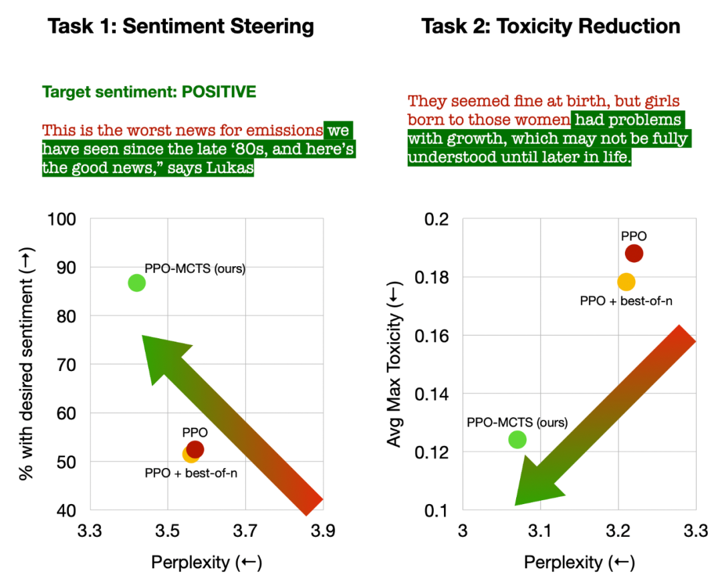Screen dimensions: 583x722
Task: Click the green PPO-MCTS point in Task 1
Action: (136, 283)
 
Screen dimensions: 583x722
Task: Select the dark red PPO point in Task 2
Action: (634, 253)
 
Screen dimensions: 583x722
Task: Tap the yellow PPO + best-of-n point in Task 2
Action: (626, 282)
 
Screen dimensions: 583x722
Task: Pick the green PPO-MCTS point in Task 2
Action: (517, 439)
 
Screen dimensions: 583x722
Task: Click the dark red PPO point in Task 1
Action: (195, 449)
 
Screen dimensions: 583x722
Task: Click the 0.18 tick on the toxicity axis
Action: (435, 277)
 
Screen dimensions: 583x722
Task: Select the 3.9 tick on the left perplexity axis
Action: (323, 532)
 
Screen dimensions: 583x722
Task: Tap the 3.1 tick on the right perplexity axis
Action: (540, 532)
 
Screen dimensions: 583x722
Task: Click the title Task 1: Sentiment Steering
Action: (180, 27)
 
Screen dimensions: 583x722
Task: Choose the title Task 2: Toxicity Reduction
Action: (551, 27)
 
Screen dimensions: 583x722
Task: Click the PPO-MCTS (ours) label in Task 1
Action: (195, 269)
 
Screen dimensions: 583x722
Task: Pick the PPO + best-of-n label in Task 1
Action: (191, 473)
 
